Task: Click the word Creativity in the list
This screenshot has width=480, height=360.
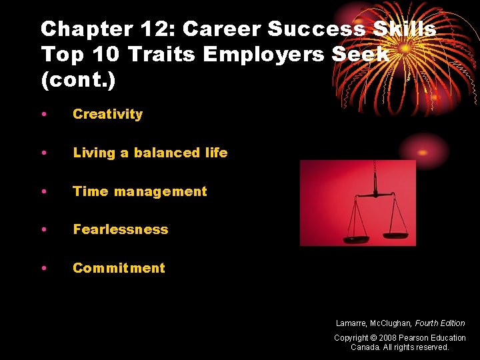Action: [107, 114]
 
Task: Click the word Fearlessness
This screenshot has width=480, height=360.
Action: [120, 229]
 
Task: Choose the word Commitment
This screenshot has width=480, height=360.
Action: [119, 268]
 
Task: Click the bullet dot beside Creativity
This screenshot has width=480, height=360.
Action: [43, 115]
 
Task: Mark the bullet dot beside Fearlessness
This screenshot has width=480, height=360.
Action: [43, 230]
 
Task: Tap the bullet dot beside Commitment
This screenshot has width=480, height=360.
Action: [43, 269]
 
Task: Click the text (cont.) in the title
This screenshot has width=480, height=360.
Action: [78, 80]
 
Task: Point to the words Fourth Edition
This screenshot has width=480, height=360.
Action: [440, 323]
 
